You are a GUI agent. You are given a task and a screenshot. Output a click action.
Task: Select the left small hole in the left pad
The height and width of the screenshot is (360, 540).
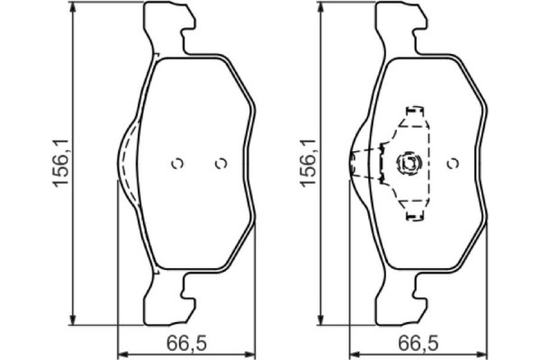click(177, 164)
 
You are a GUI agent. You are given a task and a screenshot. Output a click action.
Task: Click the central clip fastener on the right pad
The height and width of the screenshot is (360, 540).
click(409, 164)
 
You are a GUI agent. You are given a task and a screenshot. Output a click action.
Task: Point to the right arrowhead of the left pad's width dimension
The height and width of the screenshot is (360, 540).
click(254, 352)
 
